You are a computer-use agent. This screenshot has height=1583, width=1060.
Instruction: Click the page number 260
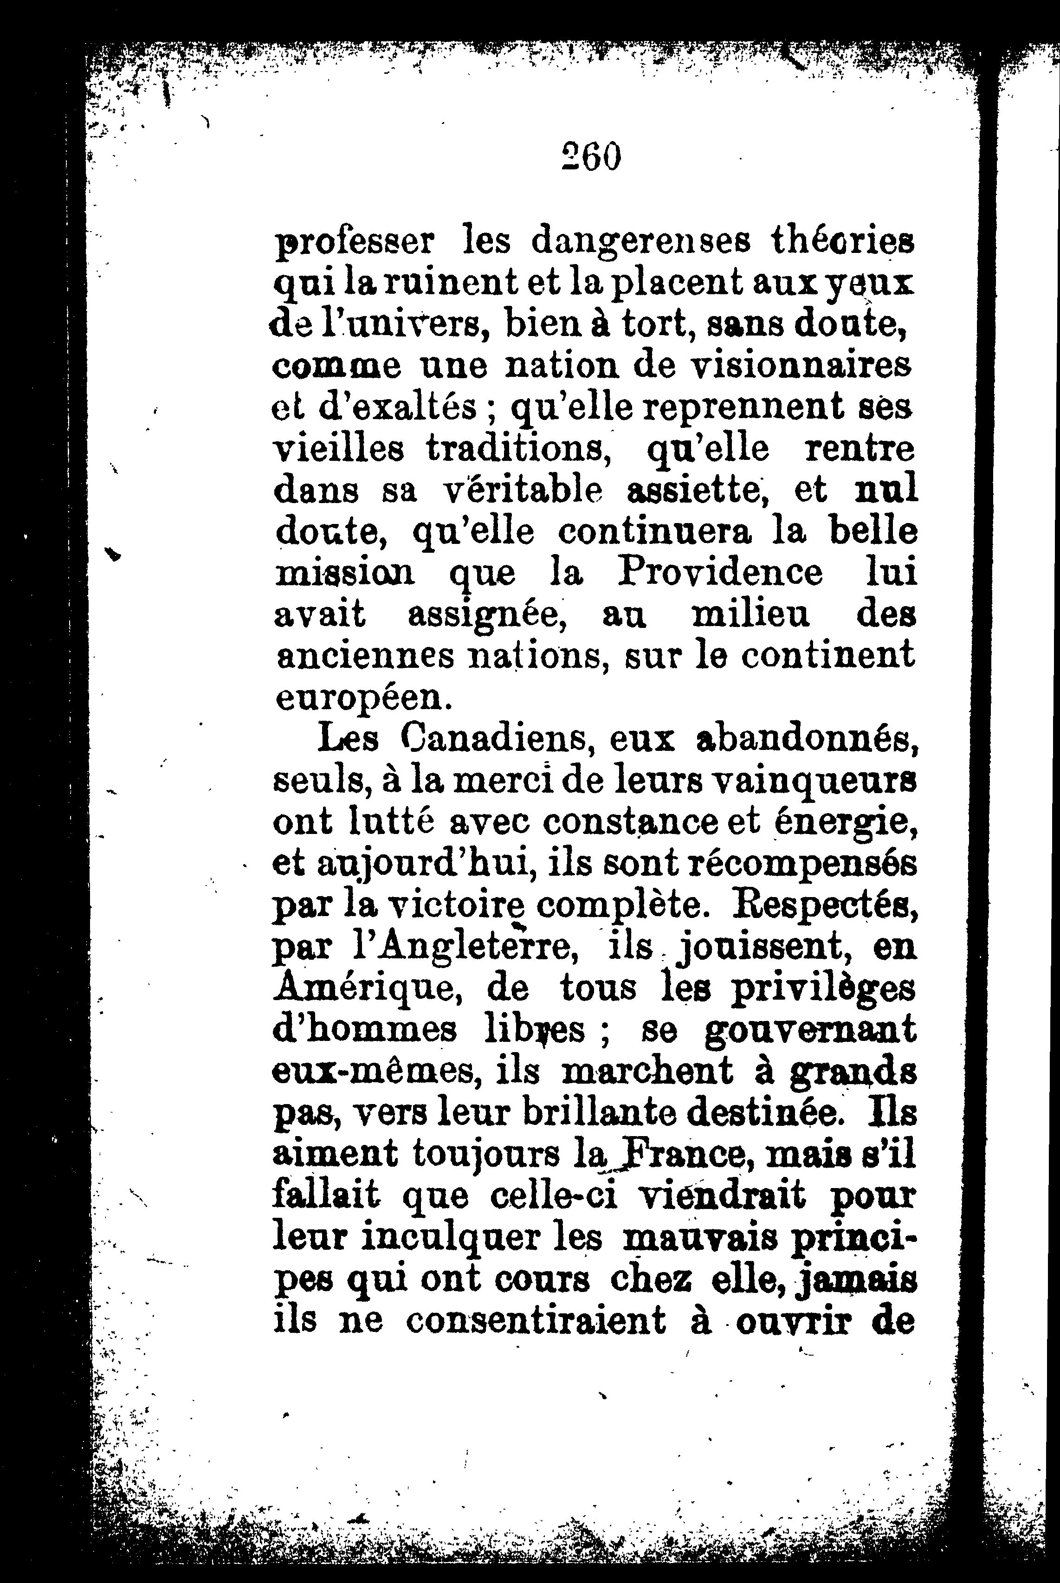pos(591,157)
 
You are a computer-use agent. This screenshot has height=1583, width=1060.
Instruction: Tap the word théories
pos(842,242)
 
